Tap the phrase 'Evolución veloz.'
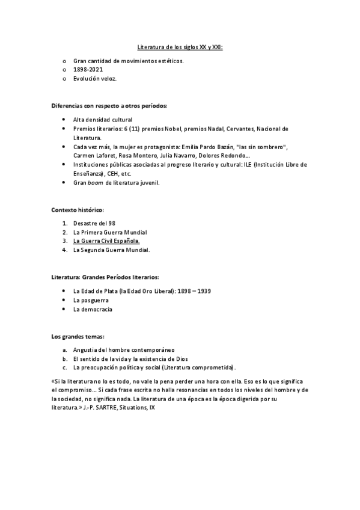coord(95,79)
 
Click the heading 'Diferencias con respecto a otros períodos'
coord(109,105)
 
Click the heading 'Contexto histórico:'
coord(78,210)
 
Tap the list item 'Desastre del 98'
coord(94,223)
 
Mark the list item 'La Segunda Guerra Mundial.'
coord(111,250)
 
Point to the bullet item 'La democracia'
coord(93,309)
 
